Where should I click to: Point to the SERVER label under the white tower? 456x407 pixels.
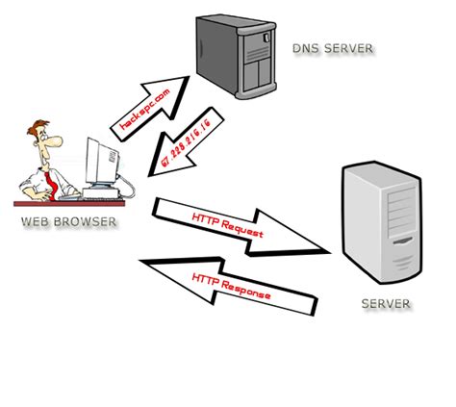(x=385, y=304)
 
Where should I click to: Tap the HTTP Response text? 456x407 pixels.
(x=231, y=286)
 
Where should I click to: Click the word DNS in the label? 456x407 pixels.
(x=301, y=48)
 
